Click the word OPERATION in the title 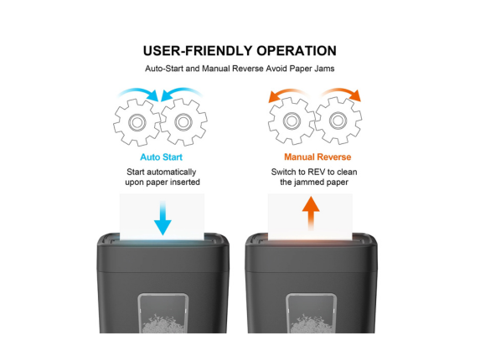[297, 51]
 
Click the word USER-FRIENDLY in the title [198, 51]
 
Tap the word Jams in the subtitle [325, 69]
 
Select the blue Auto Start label [162, 157]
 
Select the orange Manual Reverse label [317, 157]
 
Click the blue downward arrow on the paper [163, 218]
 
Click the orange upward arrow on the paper [311, 213]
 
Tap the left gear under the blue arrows [137, 122]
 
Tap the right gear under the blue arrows [183, 122]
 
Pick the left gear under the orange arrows [292, 121]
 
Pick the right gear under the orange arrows [338, 121]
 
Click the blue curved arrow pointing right [139, 91]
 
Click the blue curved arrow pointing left [181, 91]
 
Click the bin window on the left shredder [163, 313]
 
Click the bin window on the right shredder [311, 313]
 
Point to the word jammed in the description [309, 183]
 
